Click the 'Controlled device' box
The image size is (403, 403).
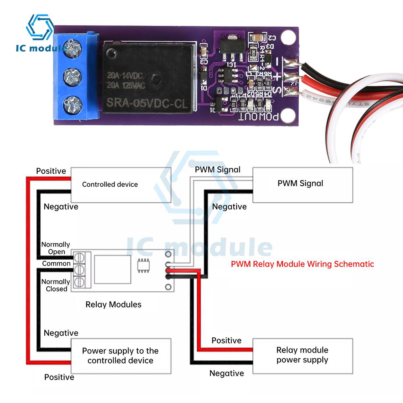point(121,184)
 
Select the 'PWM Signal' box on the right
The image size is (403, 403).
point(302,184)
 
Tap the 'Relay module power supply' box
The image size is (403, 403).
point(302,355)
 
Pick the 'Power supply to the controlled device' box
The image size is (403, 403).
point(121,355)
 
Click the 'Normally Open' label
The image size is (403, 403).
point(56,248)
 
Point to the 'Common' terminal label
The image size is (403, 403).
point(56,264)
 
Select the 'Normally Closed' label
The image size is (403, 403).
point(56,285)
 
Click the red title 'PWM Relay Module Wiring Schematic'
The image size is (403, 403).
point(302,264)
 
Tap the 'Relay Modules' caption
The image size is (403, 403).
point(113,304)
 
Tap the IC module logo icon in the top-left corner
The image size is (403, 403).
point(39,28)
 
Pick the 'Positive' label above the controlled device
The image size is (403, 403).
point(51,171)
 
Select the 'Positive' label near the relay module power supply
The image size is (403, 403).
point(226,341)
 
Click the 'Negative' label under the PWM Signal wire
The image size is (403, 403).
point(229,207)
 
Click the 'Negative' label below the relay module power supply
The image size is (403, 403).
point(226,374)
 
